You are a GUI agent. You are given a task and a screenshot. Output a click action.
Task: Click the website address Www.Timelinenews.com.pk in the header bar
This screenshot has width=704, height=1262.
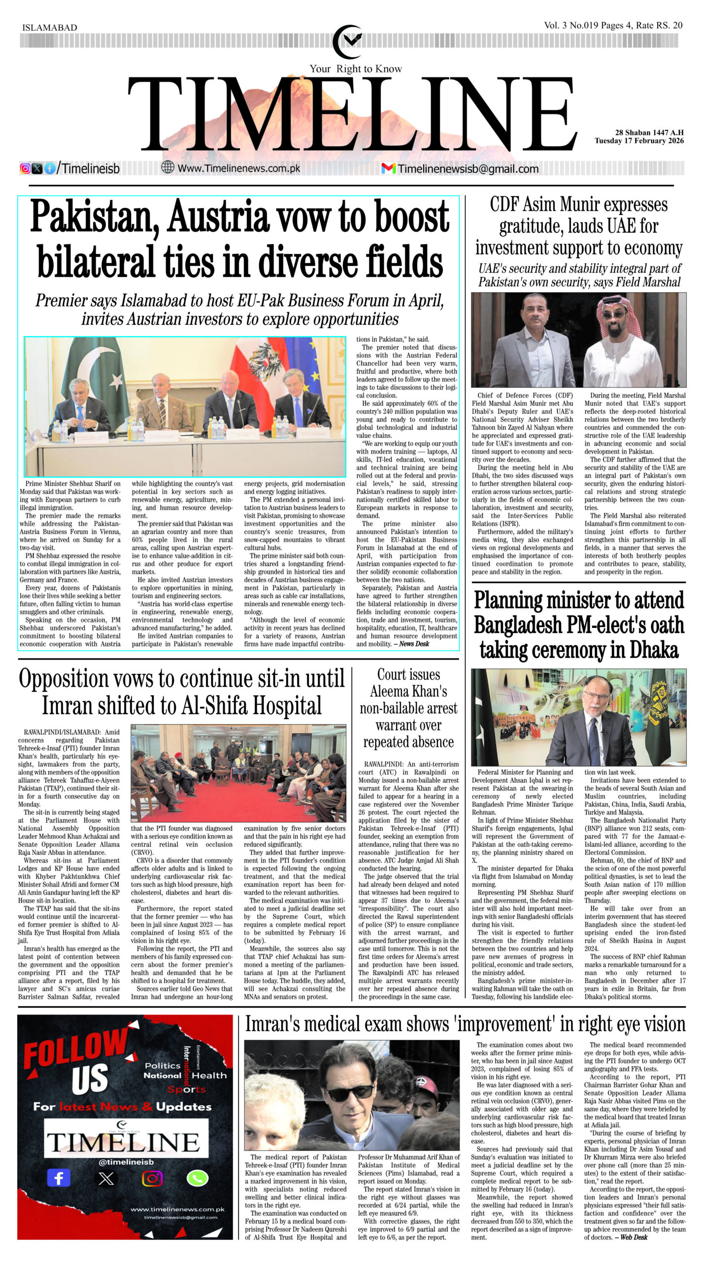coord(238,169)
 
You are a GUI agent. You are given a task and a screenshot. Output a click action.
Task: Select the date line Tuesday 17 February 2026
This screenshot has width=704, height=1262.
coord(639,141)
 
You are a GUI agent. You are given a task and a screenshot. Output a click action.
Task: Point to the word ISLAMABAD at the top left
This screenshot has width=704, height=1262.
coord(50,28)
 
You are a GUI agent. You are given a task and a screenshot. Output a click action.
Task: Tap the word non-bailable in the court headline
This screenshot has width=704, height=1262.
coord(408,708)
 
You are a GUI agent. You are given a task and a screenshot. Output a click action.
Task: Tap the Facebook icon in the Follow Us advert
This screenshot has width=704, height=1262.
coord(59,1179)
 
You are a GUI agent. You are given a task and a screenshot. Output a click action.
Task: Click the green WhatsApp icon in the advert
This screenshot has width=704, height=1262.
coord(197,1178)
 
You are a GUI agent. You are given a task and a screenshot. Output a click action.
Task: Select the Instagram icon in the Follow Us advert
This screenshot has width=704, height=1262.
coord(152,1179)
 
